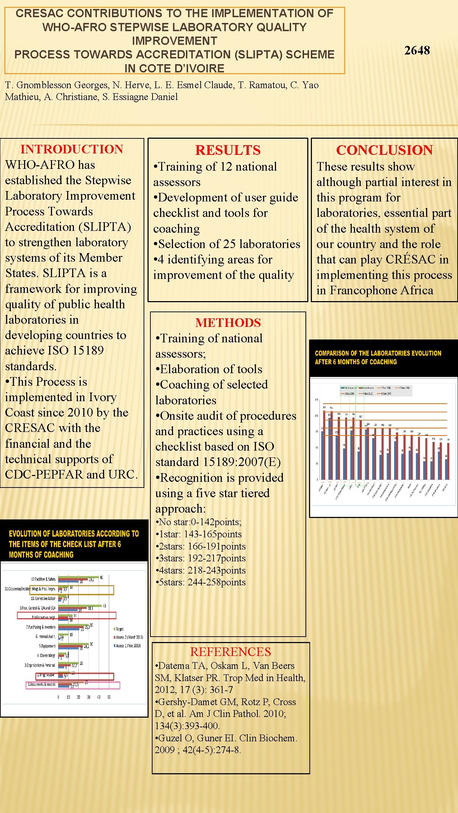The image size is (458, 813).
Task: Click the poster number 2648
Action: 417,51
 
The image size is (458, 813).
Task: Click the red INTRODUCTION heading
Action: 72,149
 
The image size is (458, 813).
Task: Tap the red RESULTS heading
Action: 228,150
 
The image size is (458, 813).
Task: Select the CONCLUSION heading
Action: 384,150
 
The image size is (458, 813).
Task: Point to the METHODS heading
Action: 228,323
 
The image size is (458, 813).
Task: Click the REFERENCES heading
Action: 230,652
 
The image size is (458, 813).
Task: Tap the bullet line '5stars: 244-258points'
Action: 201,582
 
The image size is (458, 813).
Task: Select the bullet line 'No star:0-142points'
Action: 198,522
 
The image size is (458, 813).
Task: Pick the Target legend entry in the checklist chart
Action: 120,629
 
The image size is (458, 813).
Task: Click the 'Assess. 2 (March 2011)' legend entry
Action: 129,637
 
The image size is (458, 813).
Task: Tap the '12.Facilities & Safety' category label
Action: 43,579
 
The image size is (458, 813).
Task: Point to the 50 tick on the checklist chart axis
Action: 109,697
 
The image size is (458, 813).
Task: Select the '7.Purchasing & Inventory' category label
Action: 41,627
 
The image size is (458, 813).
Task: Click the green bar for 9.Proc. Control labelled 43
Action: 80,605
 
